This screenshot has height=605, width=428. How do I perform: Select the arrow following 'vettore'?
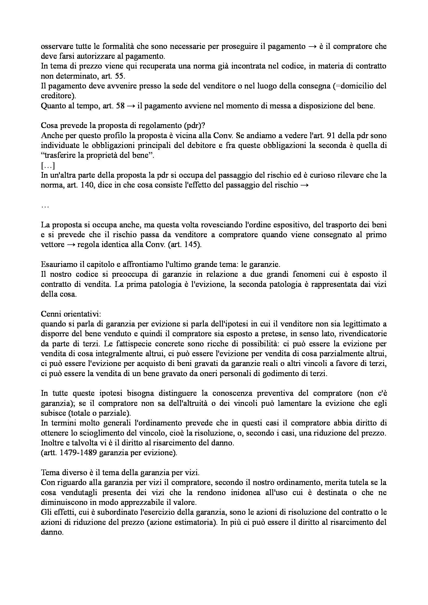(71, 244)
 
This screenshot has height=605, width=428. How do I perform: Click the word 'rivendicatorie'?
(362, 334)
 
